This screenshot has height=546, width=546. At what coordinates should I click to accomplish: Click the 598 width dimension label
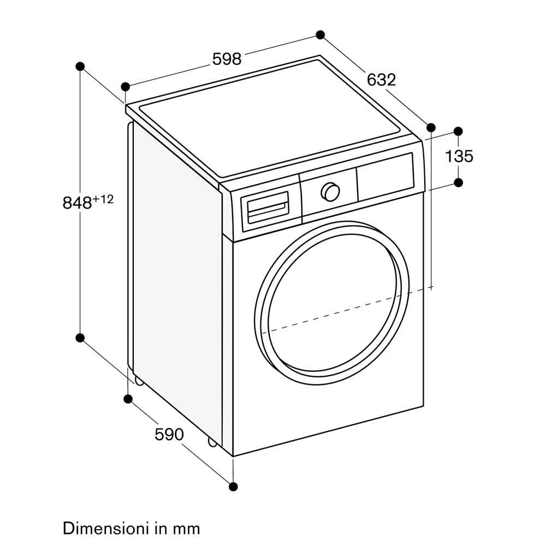coord(227,59)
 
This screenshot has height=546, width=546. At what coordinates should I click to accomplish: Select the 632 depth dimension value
coord(381,80)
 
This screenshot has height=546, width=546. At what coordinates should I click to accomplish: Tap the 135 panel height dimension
coord(459,157)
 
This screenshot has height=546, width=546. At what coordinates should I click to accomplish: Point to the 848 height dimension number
coord(77,203)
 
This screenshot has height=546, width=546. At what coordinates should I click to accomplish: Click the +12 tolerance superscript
coord(103,199)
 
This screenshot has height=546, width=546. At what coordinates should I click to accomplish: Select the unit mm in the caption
coord(187,529)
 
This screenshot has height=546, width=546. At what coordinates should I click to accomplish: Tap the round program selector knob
coord(330,192)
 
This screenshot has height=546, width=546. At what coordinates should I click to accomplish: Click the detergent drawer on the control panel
coord(268,209)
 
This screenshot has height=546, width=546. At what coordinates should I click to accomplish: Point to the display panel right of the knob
coord(385,175)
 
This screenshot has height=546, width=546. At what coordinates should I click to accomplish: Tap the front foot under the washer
coord(212,442)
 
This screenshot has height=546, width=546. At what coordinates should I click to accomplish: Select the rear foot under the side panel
coord(139,381)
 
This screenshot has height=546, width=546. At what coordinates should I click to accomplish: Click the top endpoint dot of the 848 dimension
coord(80,66)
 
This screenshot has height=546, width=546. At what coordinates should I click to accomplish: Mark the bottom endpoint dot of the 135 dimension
coord(458,182)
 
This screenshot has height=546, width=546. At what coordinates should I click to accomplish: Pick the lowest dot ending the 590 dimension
coord(233,486)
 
